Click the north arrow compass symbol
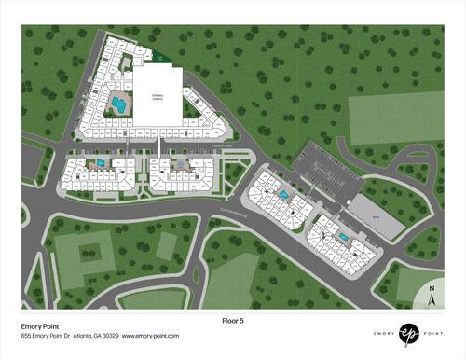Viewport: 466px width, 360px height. [432, 298]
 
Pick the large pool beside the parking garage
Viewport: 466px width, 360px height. [118, 102]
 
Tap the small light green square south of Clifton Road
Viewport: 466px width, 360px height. [165, 244]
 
